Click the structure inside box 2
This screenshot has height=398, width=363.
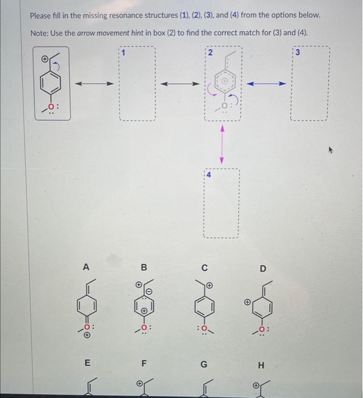click(223, 85)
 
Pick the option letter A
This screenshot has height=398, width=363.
click(86, 266)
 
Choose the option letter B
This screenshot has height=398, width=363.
click(144, 267)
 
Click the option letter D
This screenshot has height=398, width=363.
click(262, 267)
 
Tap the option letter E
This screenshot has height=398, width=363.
click(86, 362)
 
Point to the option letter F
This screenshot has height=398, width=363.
click(144, 362)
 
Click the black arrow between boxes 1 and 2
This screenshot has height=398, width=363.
click(180, 84)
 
